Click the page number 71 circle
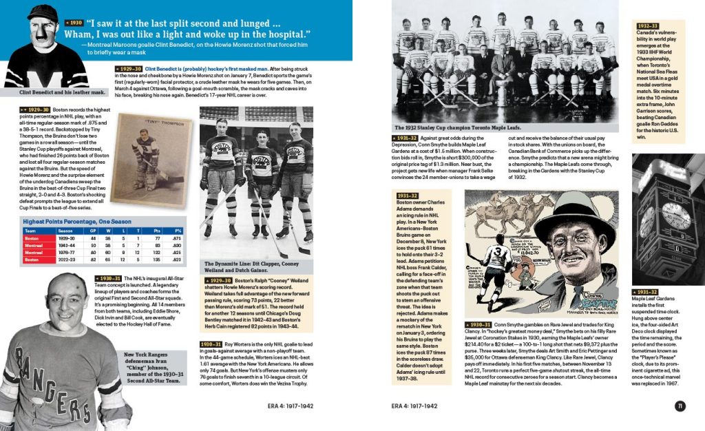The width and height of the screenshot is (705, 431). pos(680,406)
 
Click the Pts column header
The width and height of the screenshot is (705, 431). pos(157,230)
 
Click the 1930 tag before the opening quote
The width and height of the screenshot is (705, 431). pos(74,22)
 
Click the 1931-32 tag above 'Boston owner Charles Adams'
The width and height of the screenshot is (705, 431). pos(409,196)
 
